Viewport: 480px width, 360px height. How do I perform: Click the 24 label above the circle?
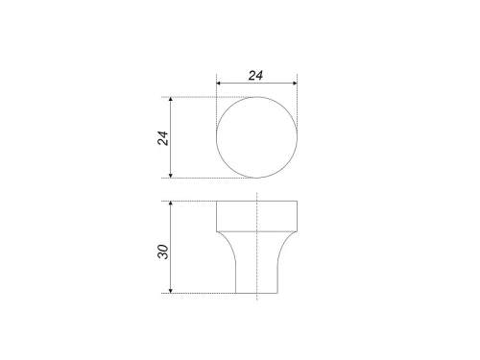[256, 75]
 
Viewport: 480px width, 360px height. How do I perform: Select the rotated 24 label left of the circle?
[163, 137]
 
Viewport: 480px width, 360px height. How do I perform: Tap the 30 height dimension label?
[163, 252]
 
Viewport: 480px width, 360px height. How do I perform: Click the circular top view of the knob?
[256, 138]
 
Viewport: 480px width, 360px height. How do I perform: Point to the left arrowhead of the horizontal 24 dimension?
[220, 84]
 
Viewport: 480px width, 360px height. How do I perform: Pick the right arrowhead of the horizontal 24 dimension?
[293, 84]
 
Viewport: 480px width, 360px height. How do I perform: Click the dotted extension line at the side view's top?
[192, 201]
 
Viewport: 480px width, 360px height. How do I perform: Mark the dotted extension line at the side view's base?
[202, 294]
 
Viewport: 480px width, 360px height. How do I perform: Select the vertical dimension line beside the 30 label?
[171, 230]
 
